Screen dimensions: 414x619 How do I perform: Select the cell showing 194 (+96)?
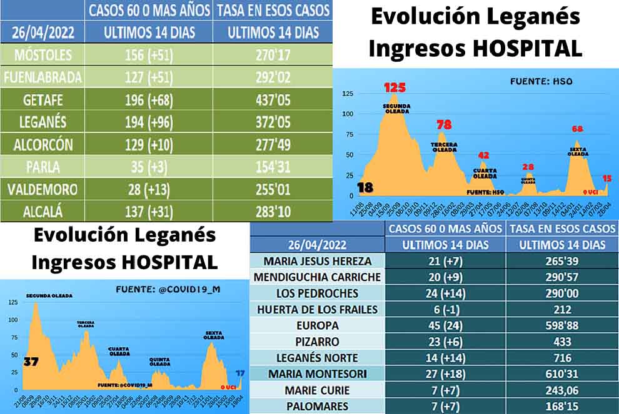(x=150, y=122)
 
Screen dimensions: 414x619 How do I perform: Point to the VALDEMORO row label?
(x=41, y=189)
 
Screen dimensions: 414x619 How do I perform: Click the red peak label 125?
(x=395, y=87)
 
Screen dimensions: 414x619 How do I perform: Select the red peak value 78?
(x=444, y=124)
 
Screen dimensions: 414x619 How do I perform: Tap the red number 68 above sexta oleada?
(x=577, y=129)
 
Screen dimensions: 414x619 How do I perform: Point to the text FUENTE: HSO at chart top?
(x=541, y=81)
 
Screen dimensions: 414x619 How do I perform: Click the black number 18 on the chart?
(x=366, y=187)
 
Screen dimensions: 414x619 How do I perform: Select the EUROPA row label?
(x=318, y=325)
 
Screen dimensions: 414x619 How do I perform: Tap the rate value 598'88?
(x=562, y=325)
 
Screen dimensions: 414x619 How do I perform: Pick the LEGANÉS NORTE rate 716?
(x=562, y=358)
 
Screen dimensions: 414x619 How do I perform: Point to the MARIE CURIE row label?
(x=318, y=390)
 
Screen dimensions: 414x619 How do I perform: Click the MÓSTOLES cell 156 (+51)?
(x=150, y=54)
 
